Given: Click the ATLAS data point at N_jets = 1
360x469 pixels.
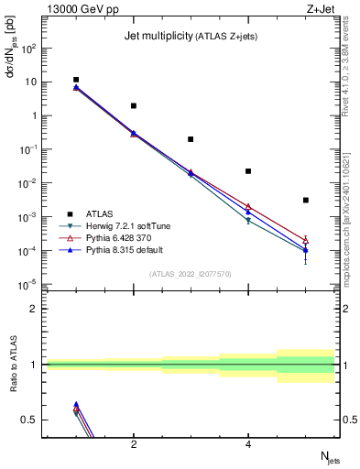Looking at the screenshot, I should click(x=76, y=80).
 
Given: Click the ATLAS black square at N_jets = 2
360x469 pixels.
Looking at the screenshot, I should click(x=134, y=106).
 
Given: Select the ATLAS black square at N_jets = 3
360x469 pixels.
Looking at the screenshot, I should click(x=191, y=139).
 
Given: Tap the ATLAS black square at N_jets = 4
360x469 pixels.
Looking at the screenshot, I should click(x=248, y=171).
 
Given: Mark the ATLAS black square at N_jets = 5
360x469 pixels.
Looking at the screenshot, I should click(x=306, y=200).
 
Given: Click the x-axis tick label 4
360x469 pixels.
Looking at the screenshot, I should click(x=248, y=444).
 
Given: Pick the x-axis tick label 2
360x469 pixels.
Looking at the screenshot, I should click(x=134, y=444).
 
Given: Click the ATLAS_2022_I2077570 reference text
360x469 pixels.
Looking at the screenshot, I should click(x=191, y=274).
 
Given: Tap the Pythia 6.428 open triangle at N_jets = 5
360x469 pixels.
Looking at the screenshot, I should click(x=306, y=240).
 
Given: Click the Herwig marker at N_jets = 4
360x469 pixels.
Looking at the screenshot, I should click(x=248, y=221).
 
